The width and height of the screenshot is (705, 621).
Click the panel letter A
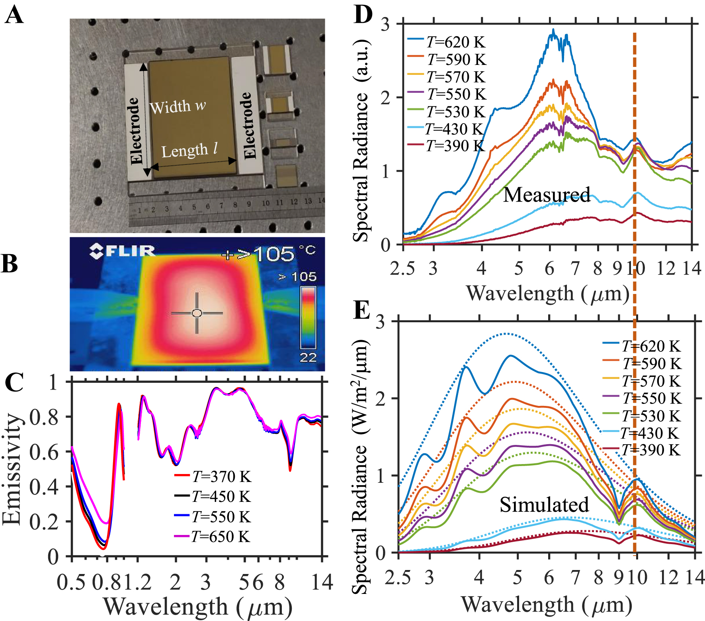14,16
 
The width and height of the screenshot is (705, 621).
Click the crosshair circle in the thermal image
197,313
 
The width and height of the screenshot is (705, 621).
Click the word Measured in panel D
547,195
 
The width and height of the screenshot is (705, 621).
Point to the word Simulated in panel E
544,505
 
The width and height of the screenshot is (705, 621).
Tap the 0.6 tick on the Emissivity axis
45,452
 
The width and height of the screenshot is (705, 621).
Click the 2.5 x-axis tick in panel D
402,268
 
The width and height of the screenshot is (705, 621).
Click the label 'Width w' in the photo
178,107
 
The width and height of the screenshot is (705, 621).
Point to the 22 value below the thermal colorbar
308,357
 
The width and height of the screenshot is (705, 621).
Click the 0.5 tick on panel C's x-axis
71,582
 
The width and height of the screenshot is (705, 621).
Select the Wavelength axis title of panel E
546,605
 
